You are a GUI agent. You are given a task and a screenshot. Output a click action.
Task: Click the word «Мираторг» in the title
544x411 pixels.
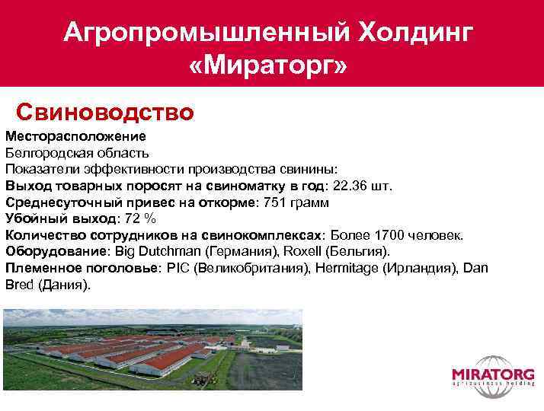[x=267, y=66]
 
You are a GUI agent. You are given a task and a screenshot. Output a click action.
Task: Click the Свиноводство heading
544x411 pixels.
[x=105, y=113]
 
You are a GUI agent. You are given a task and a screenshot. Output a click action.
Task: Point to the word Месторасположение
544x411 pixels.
[x=75, y=137]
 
